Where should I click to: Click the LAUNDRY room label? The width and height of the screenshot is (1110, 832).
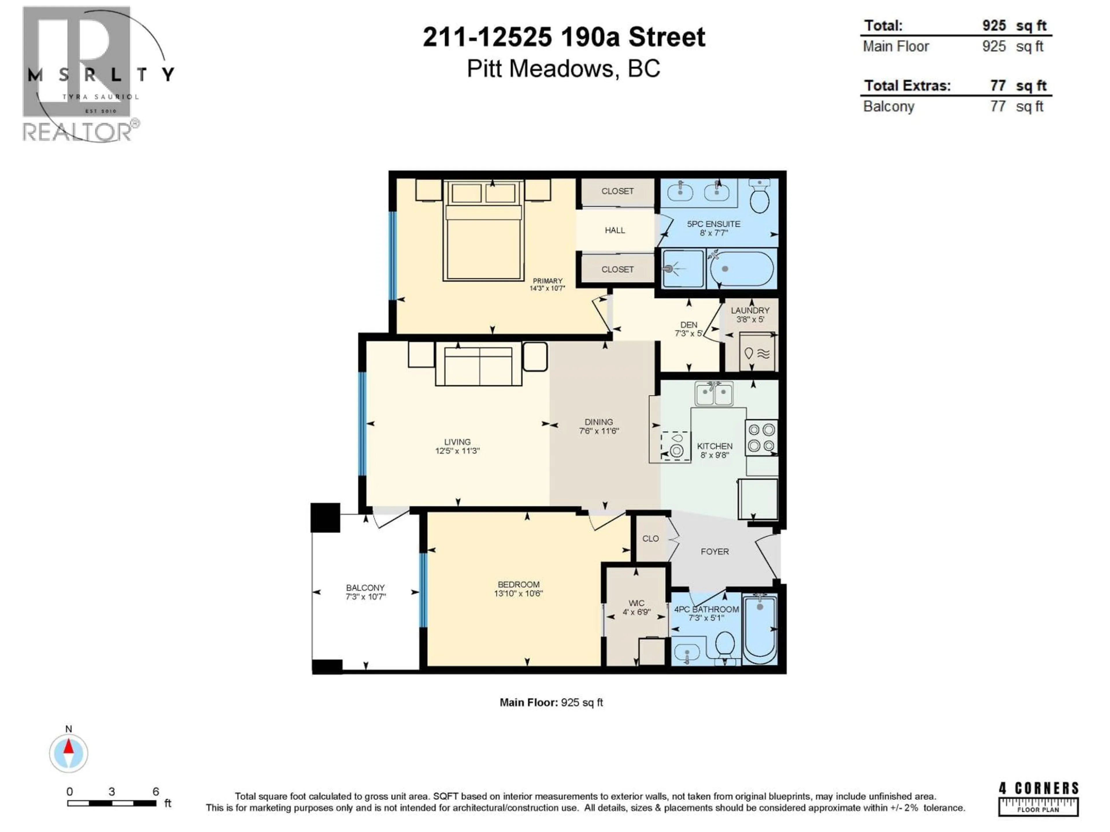pos(750,311)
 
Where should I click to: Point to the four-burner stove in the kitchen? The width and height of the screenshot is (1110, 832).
pos(761,437)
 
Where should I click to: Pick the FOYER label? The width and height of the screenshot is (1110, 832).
pos(715,552)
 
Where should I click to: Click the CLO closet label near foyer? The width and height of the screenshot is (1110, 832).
pos(650,538)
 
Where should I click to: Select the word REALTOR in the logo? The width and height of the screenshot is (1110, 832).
pos(77,132)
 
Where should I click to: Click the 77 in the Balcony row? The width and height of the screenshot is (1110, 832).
pos(998,106)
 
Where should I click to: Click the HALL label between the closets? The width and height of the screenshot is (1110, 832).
pos(615,230)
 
